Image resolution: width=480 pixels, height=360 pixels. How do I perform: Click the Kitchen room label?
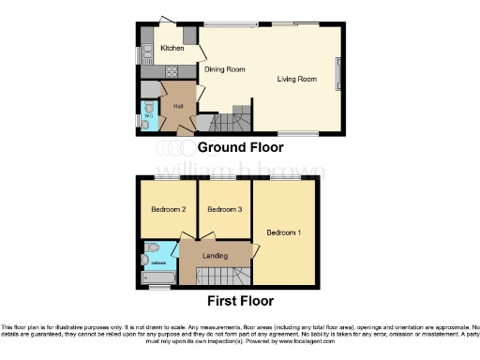point(171,48)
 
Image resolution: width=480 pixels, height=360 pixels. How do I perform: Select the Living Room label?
point(296,79)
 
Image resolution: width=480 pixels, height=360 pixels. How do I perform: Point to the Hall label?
point(178,105)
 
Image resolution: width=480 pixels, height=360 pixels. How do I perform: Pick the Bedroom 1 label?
point(283,232)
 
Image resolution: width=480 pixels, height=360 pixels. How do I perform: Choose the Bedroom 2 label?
point(170,210)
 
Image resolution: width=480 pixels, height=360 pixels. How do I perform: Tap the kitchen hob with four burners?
point(172,70)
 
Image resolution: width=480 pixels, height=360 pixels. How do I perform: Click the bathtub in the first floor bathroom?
point(158,277)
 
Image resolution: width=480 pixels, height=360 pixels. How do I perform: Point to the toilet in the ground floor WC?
point(148,121)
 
